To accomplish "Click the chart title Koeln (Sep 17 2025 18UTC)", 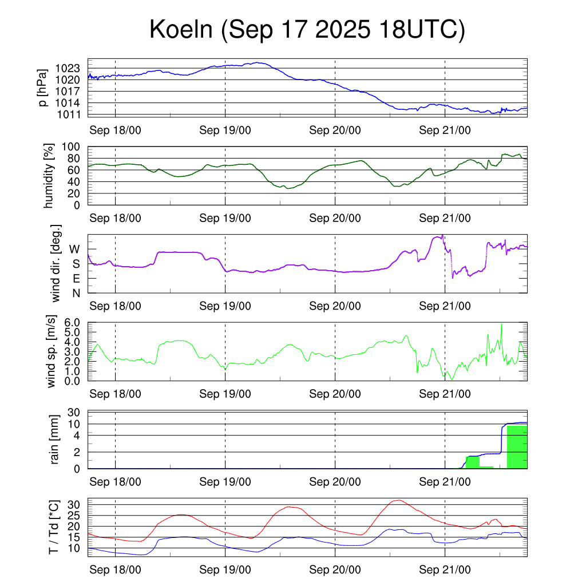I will click(307, 30).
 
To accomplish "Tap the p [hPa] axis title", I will click(42, 87).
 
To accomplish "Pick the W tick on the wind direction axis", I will click(75, 249).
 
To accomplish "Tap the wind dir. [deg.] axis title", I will click(56, 264).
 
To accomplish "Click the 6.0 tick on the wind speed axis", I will click(74, 323).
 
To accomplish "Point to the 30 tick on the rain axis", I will click(77, 413).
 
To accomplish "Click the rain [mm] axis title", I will click(54, 440).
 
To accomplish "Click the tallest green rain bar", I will click(517, 447).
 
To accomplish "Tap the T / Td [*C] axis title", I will click(53, 527).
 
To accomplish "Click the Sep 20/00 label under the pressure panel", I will click(335, 130).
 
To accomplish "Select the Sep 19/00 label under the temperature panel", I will click(225, 570).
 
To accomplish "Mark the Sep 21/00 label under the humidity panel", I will click(445, 219).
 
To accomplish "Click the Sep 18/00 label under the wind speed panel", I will click(116, 394).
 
